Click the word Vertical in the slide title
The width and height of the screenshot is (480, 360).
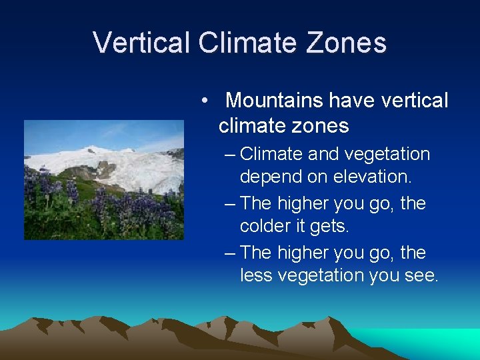(142, 43)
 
